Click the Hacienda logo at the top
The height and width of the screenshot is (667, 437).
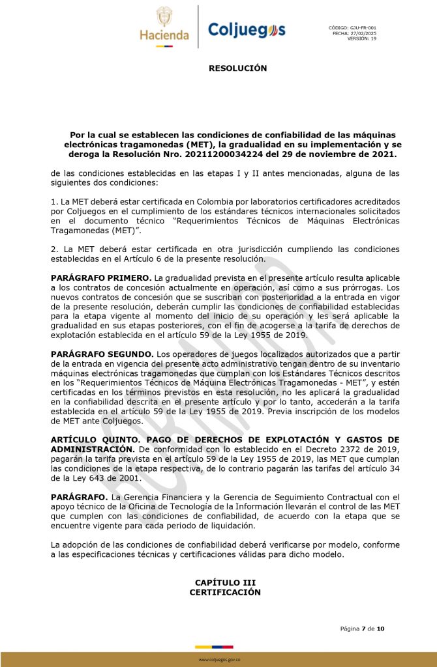[164, 27]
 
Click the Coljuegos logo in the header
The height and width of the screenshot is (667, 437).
[247, 29]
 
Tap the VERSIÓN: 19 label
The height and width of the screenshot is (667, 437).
[362, 39]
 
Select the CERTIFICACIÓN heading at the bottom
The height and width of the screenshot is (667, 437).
[225, 592]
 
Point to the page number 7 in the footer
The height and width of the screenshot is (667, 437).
[364, 629]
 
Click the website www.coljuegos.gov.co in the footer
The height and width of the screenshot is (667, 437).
[219, 660]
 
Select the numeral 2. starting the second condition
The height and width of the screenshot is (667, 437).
[54, 249]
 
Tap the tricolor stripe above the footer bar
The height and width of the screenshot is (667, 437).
[214, 647]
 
